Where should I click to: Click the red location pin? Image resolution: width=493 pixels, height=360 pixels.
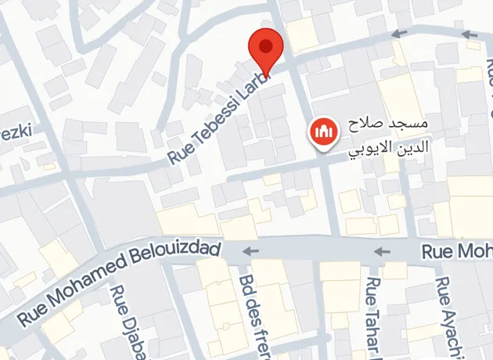(266, 49)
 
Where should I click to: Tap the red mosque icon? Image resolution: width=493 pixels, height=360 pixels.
(323, 133)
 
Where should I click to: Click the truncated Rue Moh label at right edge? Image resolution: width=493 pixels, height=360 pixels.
(457, 252)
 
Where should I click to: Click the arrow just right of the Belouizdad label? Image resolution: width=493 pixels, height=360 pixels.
(251, 251)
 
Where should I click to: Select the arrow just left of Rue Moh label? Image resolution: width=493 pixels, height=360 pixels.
(382, 251)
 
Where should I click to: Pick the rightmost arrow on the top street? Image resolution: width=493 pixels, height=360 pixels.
(469, 34)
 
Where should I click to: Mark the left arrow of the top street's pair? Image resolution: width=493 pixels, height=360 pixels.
(400, 34)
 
